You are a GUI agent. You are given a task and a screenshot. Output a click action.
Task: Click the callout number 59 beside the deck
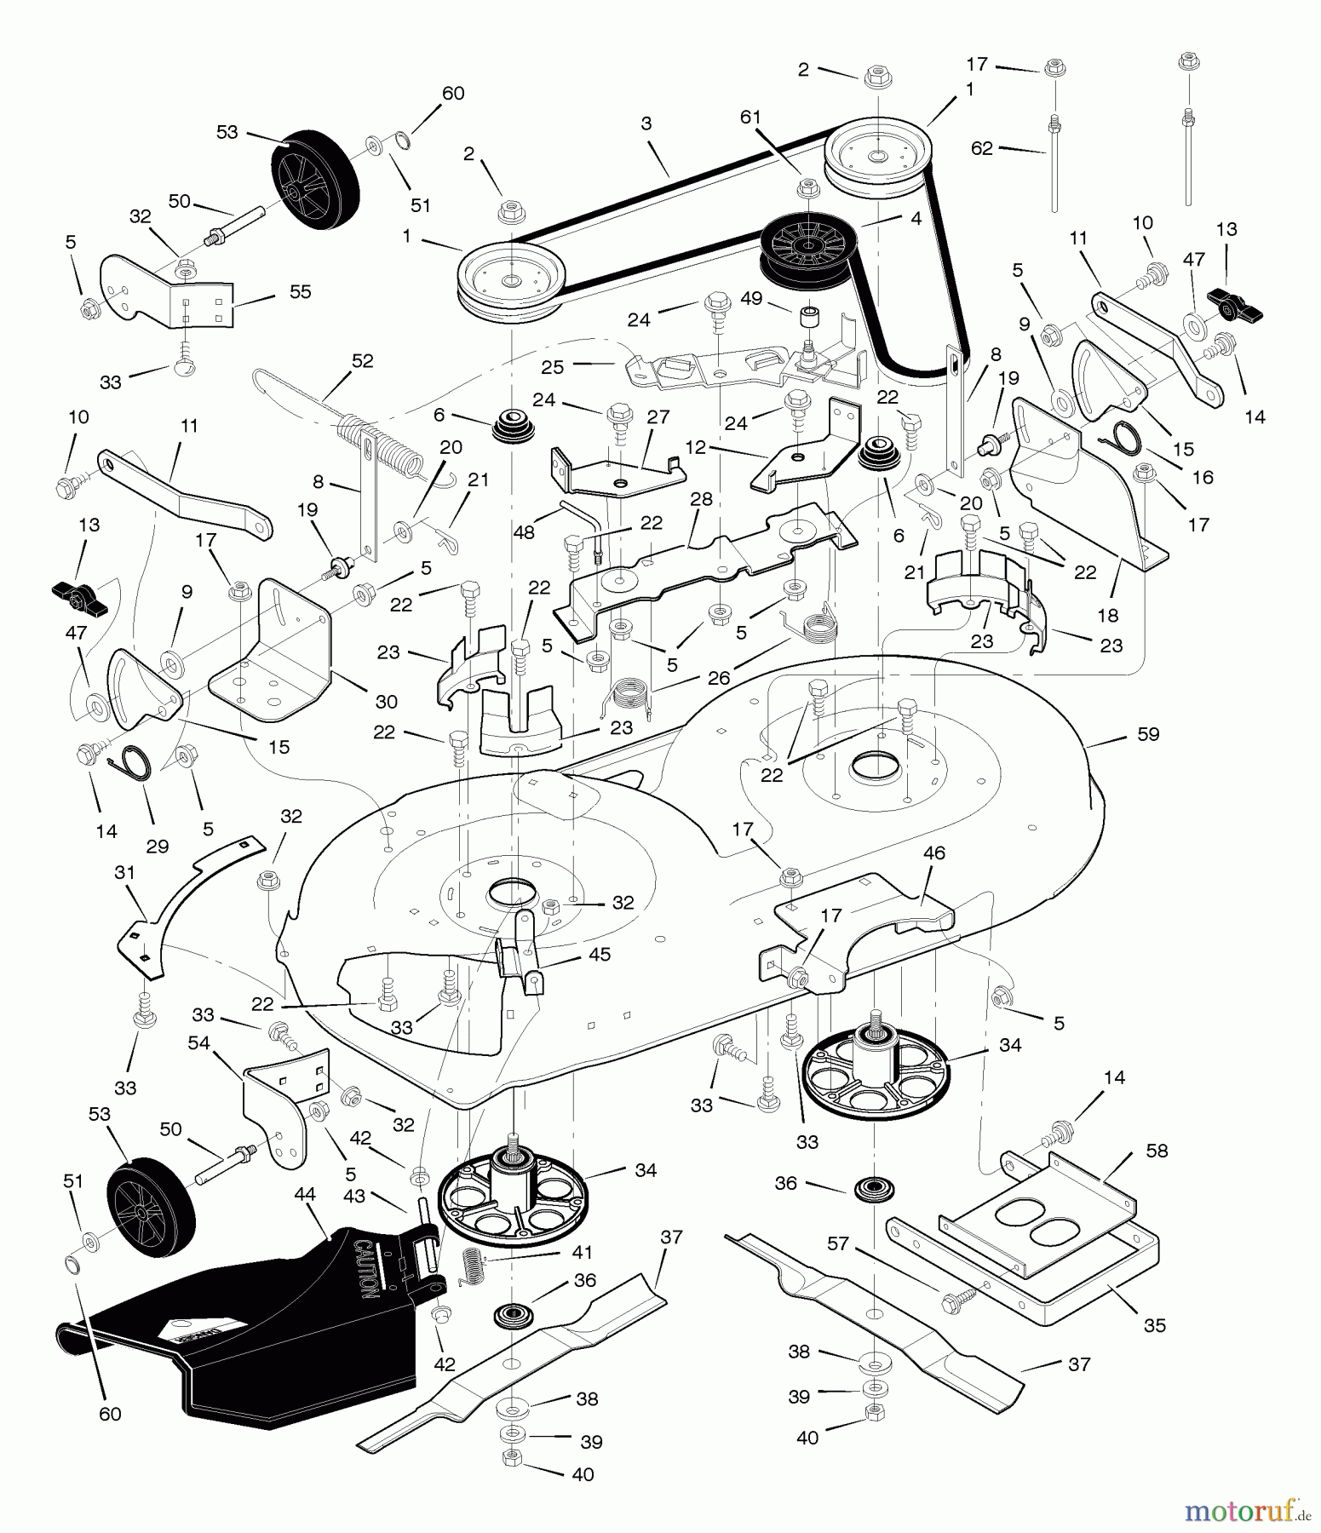tap(1148, 734)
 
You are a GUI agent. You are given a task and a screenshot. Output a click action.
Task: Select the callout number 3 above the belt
tap(646, 123)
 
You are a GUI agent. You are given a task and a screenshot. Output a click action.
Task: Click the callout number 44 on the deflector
tap(305, 1195)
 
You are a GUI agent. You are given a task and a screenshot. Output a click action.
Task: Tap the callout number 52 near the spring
tap(362, 361)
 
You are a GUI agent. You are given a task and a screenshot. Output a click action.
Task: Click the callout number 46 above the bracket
tap(933, 853)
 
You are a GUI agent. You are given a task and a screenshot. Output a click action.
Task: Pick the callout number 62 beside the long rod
tap(982, 148)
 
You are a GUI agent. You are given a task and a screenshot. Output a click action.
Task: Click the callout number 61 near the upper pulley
tap(750, 117)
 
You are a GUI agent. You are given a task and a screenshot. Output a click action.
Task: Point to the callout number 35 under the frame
tap(1154, 1325)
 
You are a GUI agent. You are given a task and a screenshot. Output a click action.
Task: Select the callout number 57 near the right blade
tap(838, 1244)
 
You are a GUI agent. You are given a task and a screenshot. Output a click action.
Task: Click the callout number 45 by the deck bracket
tap(600, 955)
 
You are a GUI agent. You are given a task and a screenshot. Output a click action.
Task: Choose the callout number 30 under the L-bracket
tap(387, 702)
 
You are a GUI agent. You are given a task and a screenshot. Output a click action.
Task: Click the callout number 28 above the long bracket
tap(701, 499)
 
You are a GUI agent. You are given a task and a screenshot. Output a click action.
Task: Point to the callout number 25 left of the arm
tap(553, 367)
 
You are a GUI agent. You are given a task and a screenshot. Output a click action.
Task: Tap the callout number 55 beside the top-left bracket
tap(300, 291)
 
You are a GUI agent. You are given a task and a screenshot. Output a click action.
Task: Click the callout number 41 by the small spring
tap(583, 1253)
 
